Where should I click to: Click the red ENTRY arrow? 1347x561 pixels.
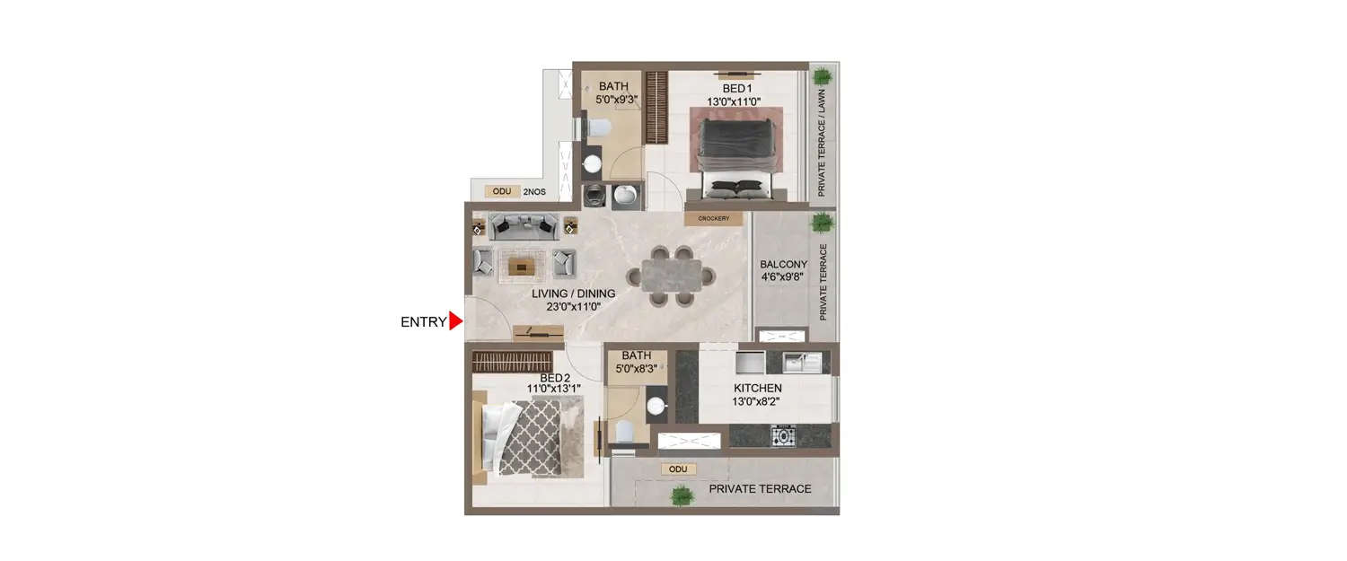point(455,321)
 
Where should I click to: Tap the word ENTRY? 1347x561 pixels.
point(423,322)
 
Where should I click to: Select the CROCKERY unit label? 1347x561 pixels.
point(714,218)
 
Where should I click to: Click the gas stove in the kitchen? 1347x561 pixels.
point(784,436)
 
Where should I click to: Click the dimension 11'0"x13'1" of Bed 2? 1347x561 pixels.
point(554,389)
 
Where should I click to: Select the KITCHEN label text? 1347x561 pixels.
point(757,388)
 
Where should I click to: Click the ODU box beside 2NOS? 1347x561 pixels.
point(498,191)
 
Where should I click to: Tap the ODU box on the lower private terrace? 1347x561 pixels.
point(678,469)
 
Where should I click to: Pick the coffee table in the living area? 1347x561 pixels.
point(521,265)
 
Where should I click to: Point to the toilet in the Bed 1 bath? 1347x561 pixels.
point(597,127)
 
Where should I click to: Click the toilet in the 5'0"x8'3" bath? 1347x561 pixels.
point(628,432)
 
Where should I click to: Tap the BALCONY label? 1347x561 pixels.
point(783,265)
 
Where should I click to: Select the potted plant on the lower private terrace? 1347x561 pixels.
point(682,494)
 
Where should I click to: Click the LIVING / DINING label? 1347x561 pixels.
point(573,294)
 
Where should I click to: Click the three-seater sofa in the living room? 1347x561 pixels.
point(524,226)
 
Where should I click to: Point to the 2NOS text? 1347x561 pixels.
point(534,192)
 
